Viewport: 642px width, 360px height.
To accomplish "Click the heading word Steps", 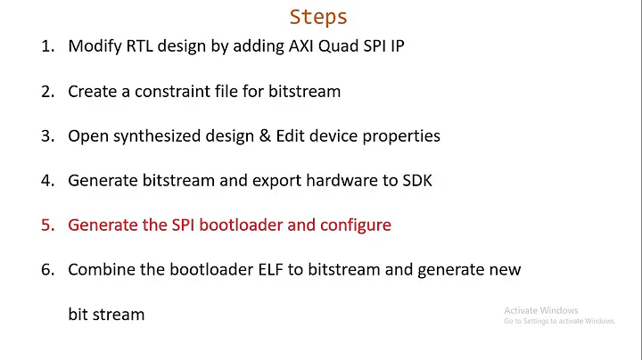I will [x=318, y=17].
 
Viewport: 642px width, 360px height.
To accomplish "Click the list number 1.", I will [x=46, y=46].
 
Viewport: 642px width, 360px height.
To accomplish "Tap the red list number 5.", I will [x=46, y=225].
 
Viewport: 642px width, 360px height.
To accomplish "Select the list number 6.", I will [x=46, y=269].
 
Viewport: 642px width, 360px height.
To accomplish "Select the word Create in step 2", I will [x=92, y=91].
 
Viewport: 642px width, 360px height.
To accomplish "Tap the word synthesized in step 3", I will [x=160, y=135].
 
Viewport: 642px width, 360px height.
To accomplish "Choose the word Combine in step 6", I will [x=101, y=269].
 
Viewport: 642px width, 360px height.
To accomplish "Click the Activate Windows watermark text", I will [x=541, y=310].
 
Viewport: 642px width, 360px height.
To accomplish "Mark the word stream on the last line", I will [x=120, y=314].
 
